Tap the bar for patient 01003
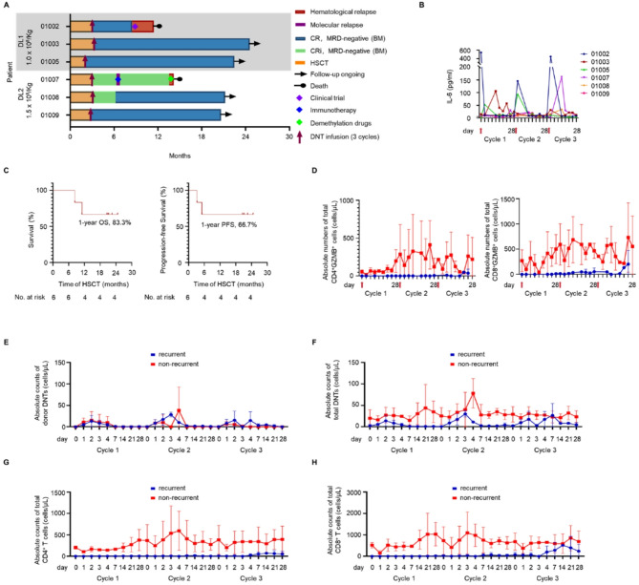[x=162, y=43]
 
